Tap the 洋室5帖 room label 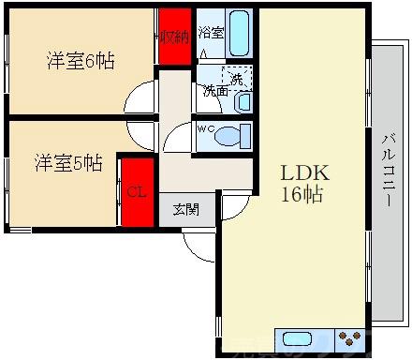[x=70, y=163]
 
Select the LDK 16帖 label [x=304, y=184]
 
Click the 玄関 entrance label [x=185, y=210]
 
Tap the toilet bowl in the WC [x=228, y=137]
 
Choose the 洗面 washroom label [x=215, y=92]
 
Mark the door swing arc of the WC [x=176, y=139]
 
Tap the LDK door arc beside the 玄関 [x=234, y=203]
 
